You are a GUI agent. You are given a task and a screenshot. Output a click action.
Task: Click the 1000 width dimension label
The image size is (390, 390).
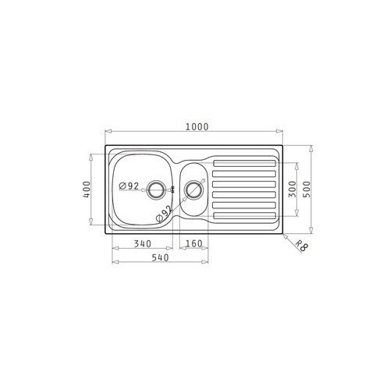click(x=197, y=126)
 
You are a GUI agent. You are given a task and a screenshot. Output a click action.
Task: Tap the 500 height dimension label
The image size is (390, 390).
click(x=307, y=190)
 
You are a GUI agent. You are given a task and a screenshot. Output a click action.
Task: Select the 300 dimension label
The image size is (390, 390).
click(x=292, y=189)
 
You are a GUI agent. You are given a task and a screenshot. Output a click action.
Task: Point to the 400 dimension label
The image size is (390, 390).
click(x=87, y=189)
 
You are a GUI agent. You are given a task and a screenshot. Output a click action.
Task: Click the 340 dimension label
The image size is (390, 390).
click(x=143, y=244)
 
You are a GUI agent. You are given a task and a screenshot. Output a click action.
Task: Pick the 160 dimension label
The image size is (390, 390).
click(x=194, y=243)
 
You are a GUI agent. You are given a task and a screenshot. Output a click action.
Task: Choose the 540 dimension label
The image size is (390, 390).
click(x=160, y=257)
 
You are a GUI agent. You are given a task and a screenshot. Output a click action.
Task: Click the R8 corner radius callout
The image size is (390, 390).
click(x=302, y=246)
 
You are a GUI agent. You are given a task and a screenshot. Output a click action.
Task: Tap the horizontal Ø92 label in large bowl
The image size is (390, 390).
click(x=129, y=186)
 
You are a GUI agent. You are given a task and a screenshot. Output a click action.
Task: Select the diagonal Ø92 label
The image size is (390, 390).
click(x=164, y=214)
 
